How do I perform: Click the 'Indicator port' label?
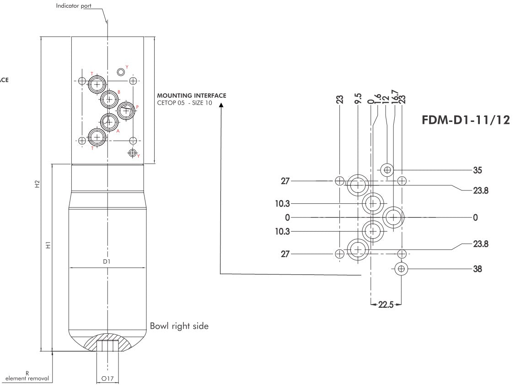[x=73, y=6]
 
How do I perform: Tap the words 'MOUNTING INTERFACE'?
[x=191, y=95]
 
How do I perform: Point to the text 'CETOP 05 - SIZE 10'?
[x=182, y=102]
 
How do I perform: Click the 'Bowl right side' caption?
[x=179, y=326]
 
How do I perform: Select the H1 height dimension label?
[x=48, y=245]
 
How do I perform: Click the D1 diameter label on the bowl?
[x=107, y=261]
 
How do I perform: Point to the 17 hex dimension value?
[x=107, y=379]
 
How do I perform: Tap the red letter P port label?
[x=137, y=106]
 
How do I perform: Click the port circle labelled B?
[x=110, y=98]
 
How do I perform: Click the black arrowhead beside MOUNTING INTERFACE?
[x=221, y=105]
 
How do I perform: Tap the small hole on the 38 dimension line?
[x=401, y=269]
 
